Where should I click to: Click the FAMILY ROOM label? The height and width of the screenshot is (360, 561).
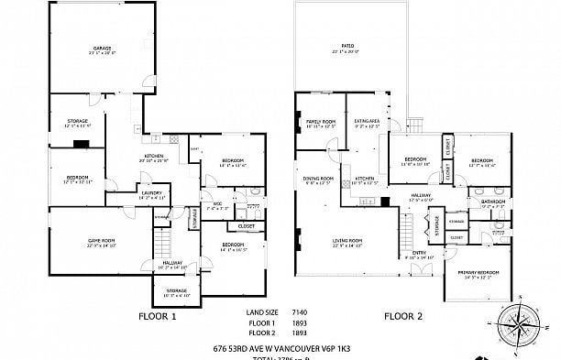click(x=320, y=121)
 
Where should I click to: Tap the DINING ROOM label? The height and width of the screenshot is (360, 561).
click(x=318, y=178)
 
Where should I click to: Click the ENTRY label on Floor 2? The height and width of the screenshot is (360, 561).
click(x=418, y=253)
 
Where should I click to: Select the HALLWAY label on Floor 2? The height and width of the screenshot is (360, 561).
click(x=421, y=195)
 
